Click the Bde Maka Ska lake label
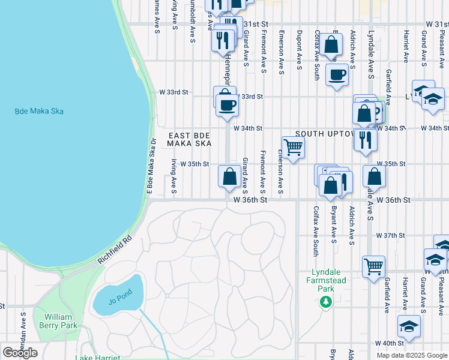(39, 111)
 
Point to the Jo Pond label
(119, 301)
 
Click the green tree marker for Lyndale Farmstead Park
(326, 302)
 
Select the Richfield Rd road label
(115, 252)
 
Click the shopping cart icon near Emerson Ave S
(293, 146)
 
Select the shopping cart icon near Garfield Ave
(373, 265)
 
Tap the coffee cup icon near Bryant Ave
(337, 75)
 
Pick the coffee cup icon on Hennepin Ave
(227, 106)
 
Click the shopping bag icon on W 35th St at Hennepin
(229, 177)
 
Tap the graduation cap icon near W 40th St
(409, 326)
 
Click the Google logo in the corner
(20, 353)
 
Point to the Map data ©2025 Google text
(412, 355)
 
